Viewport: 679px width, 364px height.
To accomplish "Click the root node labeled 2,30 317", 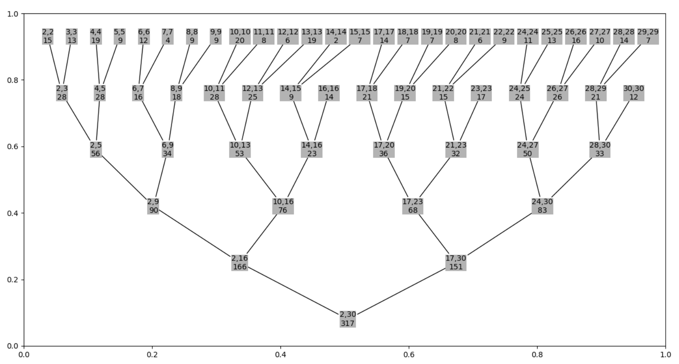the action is [348, 319].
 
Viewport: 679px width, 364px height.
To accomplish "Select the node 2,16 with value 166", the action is [239, 263].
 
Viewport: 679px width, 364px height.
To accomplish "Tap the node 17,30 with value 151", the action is [456, 263].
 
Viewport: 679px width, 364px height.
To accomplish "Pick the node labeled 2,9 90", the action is [153, 206].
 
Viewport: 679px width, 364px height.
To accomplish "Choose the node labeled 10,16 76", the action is [283, 206].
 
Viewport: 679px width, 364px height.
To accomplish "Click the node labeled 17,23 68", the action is [413, 206].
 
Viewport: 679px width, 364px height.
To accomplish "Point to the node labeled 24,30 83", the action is [542, 206].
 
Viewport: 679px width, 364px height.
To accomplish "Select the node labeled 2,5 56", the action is [96, 149].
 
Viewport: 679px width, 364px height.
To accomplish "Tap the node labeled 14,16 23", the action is [312, 149].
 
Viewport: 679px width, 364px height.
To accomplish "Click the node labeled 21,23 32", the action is [456, 149].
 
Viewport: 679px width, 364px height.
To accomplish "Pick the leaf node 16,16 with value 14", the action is [329, 93].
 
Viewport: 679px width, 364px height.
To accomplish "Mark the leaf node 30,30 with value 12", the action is [633, 93].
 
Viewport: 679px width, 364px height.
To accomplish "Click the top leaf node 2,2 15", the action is [48, 36].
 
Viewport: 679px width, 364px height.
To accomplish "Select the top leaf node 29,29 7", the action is [648, 36].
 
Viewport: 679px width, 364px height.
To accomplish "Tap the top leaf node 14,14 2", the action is [336, 36].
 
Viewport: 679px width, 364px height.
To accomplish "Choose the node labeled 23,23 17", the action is [481, 93].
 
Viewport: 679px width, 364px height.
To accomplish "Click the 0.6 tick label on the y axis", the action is [13, 147].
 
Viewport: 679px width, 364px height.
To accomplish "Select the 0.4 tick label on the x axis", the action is [280, 355].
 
